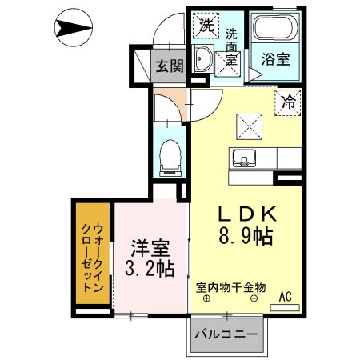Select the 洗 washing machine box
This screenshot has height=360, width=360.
point(206,25)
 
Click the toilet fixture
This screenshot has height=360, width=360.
point(170,157)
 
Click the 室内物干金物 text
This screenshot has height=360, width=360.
point(231,286)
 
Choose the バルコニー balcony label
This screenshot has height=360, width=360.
point(226,334)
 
